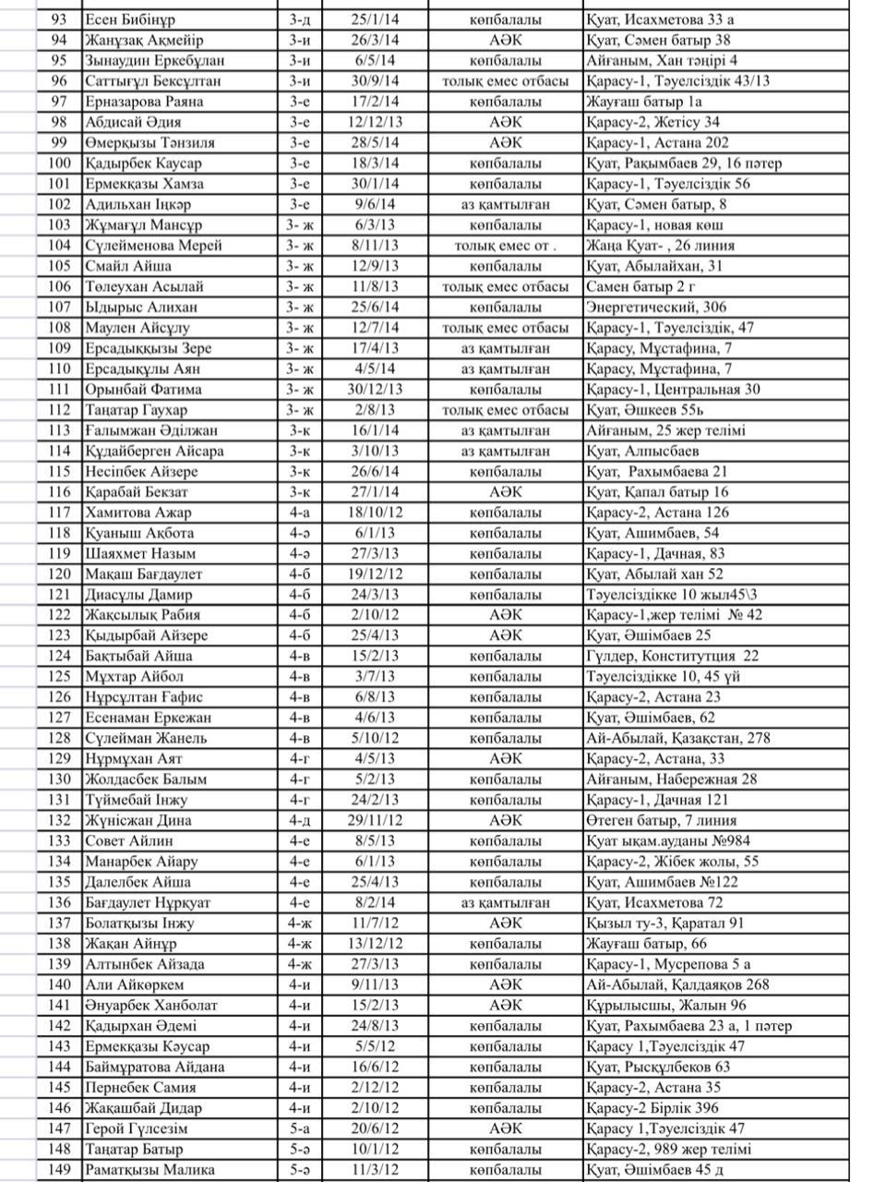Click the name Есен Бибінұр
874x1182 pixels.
tap(132, 19)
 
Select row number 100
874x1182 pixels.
tap(58, 163)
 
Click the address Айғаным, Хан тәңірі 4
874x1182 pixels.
tap(661, 61)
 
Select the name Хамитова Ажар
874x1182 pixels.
tap(138, 512)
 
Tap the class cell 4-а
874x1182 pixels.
tap(300, 512)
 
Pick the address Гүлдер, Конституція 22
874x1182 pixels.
tap(672, 656)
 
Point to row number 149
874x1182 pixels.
tap(58, 1169)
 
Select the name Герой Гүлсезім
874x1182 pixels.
tap(136, 1128)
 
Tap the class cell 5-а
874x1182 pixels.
tap(300, 1128)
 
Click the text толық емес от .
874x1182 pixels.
tap(505, 246)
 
